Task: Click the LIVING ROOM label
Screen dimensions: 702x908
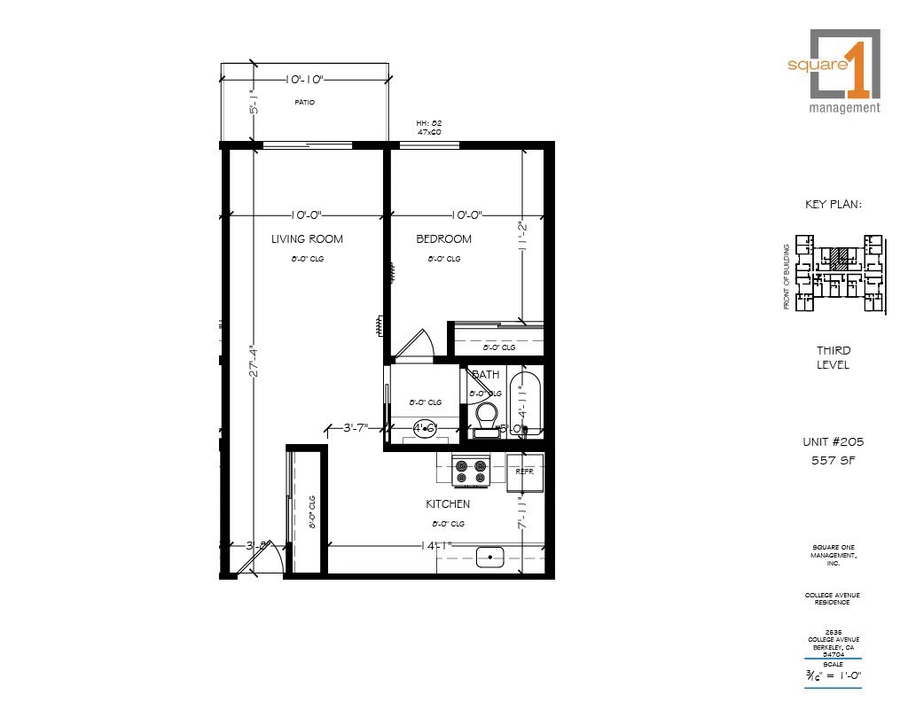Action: pyautogui.click(x=307, y=239)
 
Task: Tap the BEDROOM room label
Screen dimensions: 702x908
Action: pyautogui.click(x=444, y=239)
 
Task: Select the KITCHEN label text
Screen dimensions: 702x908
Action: pyautogui.click(x=448, y=504)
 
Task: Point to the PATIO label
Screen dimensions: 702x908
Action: pyautogui.click(x=304, y=103)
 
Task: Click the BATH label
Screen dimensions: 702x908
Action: pyautogui.click(x=485, y=375)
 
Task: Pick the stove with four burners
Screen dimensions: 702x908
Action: pyautogui.click(x=471, y=472)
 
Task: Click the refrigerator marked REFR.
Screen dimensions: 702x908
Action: pyautogui.click(x=525, y=472)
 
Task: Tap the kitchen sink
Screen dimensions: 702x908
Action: pyautogui.click(x=490, y=558)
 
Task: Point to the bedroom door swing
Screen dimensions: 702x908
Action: pyautogui.click(x=413, y=347)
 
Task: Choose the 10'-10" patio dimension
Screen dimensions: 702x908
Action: pyautogui.click(x=304, y=80)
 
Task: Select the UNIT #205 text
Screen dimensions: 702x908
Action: pyautogui.click(x=832, y=441)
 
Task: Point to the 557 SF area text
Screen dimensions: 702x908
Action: pyautogui.click(x=832, y=460)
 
